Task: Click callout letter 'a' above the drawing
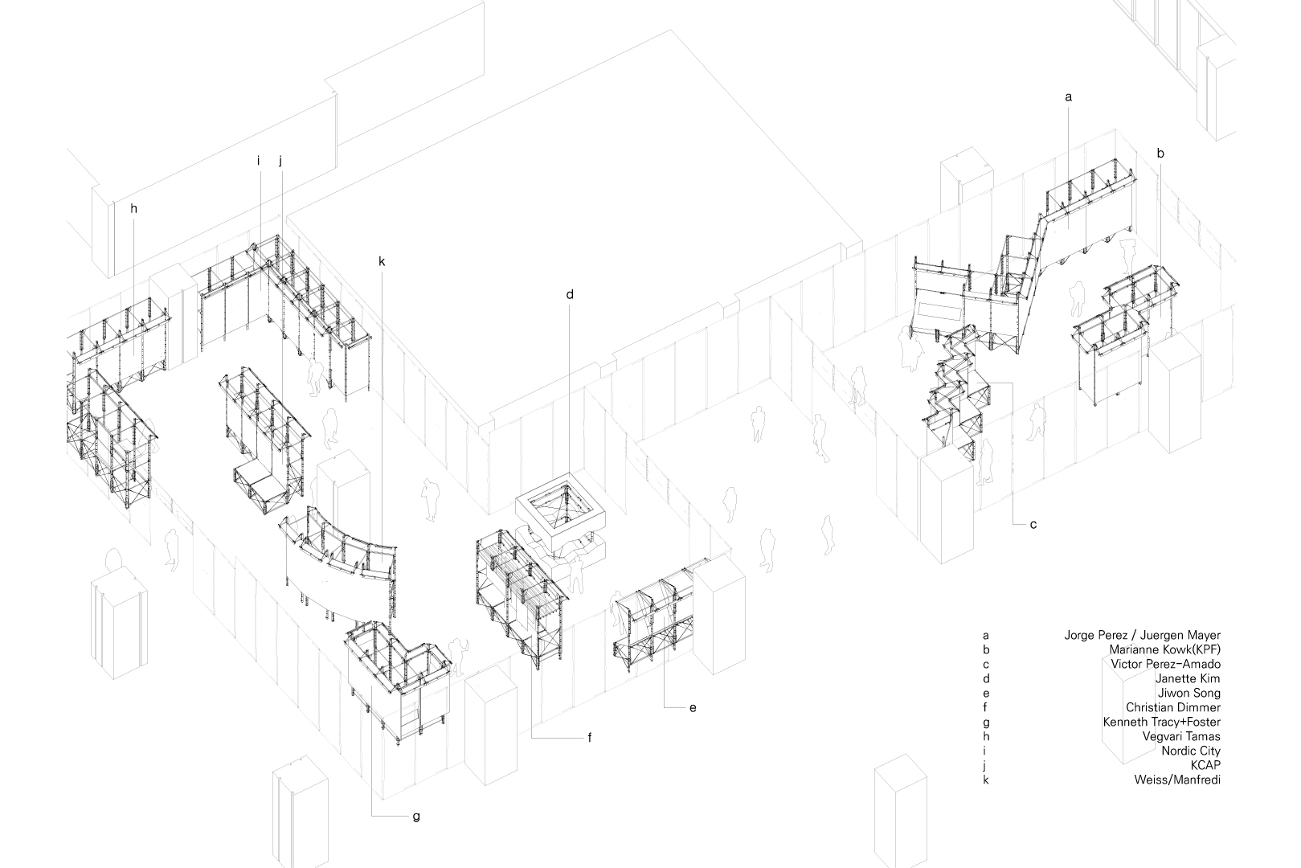click(1068, 97)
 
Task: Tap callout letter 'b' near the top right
click(1160, 153)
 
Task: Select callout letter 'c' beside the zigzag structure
click(1033, 525)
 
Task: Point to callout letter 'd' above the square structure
click(570, 294)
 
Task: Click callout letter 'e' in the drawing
click(692, 707)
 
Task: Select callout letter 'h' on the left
click(133, 208)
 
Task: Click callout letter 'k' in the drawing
click(382, 261)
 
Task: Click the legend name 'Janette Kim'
click(1188, 678)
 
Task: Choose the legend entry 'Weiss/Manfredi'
click(1177, 780)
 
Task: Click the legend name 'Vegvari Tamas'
click(1180, 736)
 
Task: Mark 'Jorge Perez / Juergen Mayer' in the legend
click(1142, 635)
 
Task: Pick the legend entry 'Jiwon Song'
click(1188, 693)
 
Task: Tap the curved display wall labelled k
click(338, 563)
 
